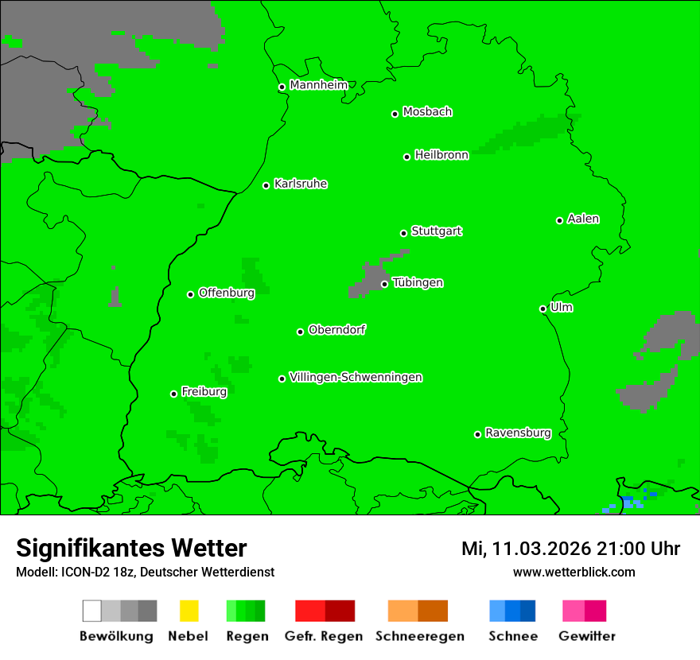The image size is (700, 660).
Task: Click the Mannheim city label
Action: (x=318, y=85)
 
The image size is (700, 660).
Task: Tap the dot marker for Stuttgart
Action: (x=403, y=233)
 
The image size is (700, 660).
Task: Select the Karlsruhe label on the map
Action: (x=300, y=184)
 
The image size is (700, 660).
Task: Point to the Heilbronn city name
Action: (x=441, y=155)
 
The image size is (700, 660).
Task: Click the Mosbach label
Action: (x=427, y=112)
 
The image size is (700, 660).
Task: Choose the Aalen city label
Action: (x=583, y=219)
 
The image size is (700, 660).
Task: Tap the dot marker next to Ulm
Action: (x=542, y=309)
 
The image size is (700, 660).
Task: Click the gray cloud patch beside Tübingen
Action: (x=367, y=281)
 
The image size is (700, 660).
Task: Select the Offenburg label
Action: (x=226, y=293)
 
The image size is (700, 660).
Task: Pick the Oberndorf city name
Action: (x=336, y=330)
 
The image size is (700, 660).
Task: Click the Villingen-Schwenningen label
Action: (x=356, y=377)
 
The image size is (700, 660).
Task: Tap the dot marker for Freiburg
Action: (x=173, y=394)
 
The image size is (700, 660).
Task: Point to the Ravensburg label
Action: (x=518, y=433)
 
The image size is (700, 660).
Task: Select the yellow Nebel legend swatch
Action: (x=189, y=611)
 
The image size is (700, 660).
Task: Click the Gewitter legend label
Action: (x=586, y=636)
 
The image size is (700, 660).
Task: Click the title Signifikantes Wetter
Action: (x=131, y=548)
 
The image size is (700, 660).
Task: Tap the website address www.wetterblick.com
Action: (x=574, y=572)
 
